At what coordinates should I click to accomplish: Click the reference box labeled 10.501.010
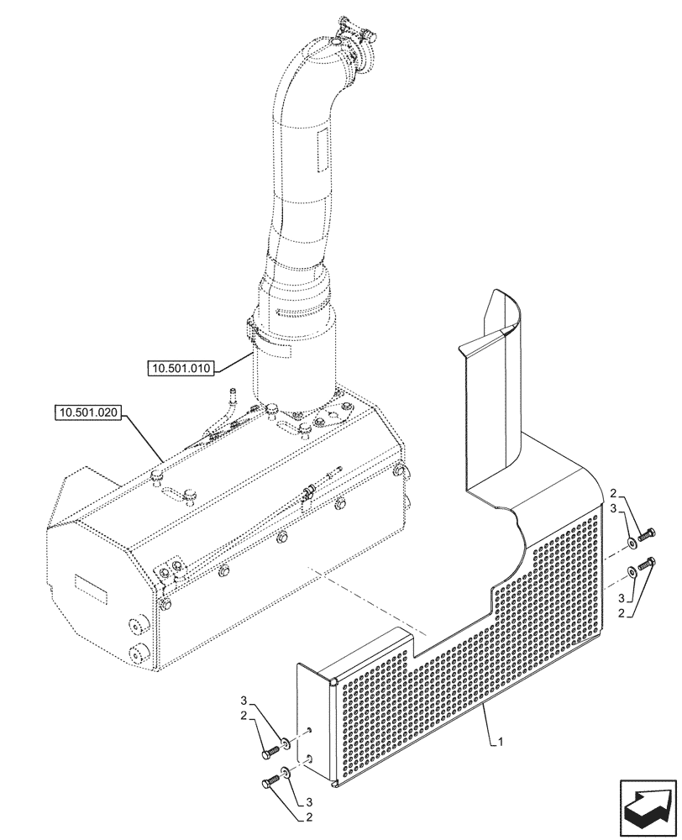pyautogui.click(x=182, y=367)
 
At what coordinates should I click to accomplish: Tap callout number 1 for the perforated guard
pyautogui.click(x=501, y=742)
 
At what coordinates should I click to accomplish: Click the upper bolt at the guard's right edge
pyautogui.click(x=647, y=533)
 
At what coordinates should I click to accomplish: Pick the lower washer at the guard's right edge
pyautogui.click(x=630, y=575)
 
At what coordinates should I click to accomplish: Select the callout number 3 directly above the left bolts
pyautogui.click(x=244, y=700)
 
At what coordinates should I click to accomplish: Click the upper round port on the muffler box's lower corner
pyautogui.click(x=134, y=624)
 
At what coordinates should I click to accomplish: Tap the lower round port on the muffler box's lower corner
pyautogui.click(x=134, y=653)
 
